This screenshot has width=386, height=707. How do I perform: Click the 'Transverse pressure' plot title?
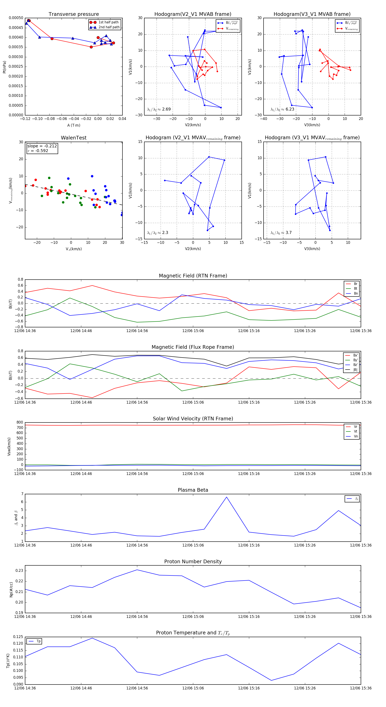[x=74, y=14]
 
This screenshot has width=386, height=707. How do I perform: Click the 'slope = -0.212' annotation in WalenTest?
[x=42, y=146]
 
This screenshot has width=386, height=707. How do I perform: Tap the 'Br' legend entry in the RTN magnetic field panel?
[x=355, y=284]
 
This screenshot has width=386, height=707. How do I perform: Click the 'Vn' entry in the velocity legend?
[x=356, y=436]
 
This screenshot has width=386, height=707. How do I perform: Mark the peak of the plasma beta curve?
[x=226, y=497]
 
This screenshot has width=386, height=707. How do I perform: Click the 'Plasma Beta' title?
[x=193, y=490]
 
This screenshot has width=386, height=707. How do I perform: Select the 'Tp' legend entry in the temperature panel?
[x=38, y=641]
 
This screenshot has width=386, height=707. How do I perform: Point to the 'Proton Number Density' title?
[x=193, y=561]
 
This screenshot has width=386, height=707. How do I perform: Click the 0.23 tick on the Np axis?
[x=19, y=571]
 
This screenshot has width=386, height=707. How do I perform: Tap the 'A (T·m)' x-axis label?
[x=74, y=125]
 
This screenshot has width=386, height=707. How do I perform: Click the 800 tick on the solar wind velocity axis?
[x=20, y=422]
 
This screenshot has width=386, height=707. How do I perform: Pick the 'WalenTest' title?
[x=74, y=138]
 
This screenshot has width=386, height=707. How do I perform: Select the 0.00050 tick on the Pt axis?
[x=16, y=18]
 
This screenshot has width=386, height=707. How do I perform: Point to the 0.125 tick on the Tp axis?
[x=18, y=637]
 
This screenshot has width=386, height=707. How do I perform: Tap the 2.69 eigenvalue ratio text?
[x=166, y=109]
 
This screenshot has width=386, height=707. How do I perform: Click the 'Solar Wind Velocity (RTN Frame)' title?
[x=193, y=419]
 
